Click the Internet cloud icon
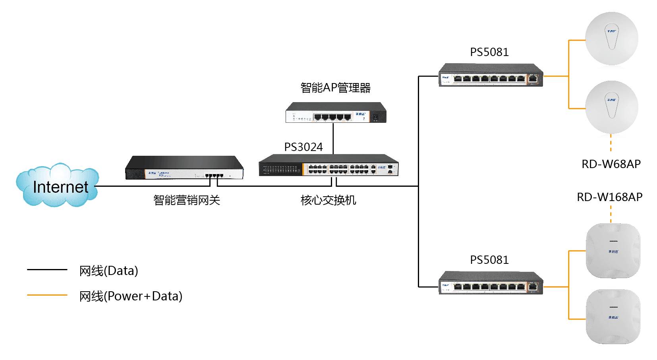click(58, 185)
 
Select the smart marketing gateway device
click(184, 168)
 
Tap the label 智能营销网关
click(187, 200)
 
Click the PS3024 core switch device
click(328, 165)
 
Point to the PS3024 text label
click(303, 147)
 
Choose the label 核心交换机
click(328, 200)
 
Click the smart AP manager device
click(336, 113)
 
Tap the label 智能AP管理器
click(336, 88)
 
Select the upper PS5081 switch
click(491, 75)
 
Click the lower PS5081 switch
click(491, 283)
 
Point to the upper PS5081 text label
click(489, 52)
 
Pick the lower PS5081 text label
click(489, 260)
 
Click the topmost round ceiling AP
click(612, 39)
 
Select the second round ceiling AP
click(612, 107)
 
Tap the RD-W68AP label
click(611, 164)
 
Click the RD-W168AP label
click(610, 197)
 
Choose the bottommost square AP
click(613, 317)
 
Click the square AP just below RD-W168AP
click(613, 251)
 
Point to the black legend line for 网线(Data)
click(47, 270)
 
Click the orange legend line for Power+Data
click(47, 295)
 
